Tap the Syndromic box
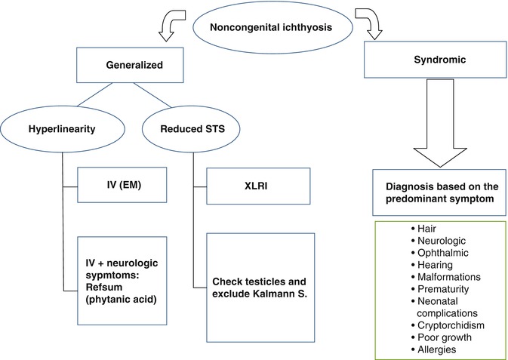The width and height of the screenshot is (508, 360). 430,67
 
